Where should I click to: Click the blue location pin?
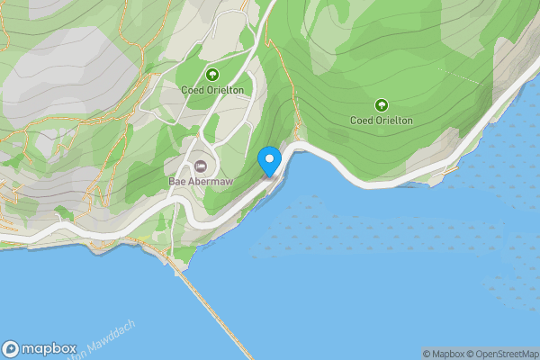click(269, 161)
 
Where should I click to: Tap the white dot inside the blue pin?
click(269, 158)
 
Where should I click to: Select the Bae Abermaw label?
click(199, 181)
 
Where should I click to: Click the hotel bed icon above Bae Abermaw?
click(200, 166)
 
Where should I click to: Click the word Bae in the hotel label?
click(177, 181)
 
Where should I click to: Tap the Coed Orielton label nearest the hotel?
click(212, 88)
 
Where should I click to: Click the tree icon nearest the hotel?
click(212, 75)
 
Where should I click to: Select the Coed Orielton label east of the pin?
click(381, 120)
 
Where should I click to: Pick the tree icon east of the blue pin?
click(381, 105)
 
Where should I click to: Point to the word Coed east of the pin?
click(361, 120)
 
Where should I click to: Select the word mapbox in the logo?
click(48, 349)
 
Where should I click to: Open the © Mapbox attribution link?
click(444, 354)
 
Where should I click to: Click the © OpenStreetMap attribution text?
click(501, 354)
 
